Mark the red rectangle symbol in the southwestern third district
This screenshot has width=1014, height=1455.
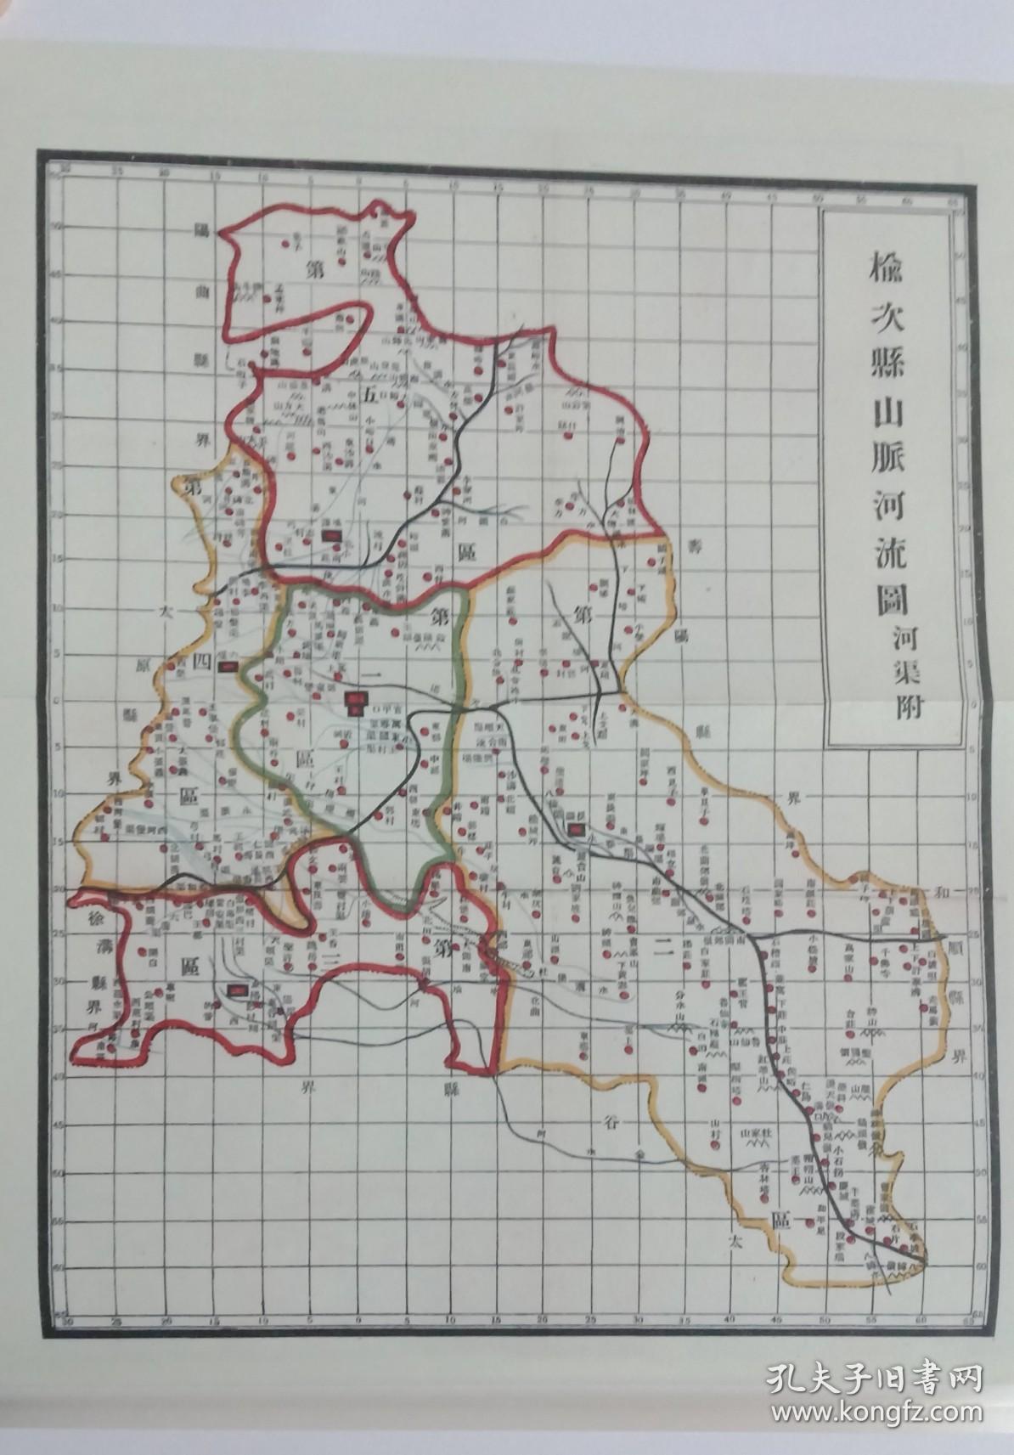(239, 989)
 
